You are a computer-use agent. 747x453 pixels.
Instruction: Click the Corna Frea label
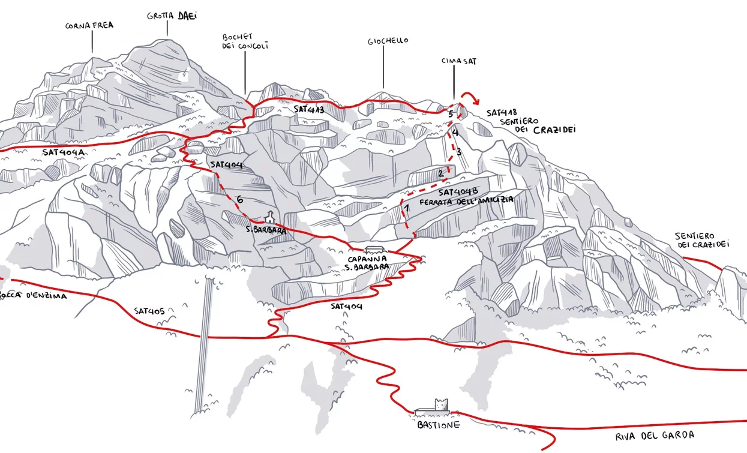[x=89, y=25]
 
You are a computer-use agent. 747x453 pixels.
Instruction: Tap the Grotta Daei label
[x=172, y=16]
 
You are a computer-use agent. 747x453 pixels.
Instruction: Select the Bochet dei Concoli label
[x=245, y=41]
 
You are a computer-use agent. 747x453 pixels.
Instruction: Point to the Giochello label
[x=388, y=41]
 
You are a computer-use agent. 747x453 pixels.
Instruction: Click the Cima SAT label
[x=458, y=61]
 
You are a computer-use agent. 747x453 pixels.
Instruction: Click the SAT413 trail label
[x=309, y=110]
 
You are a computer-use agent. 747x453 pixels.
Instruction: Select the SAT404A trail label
[x=64, y=153]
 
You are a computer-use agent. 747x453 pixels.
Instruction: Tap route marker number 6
[x=240, y=199]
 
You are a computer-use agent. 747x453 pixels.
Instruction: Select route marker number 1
[x=407, y=209]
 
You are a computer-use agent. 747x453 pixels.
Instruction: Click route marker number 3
[x=458, y=152]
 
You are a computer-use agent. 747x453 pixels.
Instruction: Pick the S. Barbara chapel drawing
[x=271, y=217]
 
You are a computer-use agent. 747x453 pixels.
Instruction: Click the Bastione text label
[x=439, y=425]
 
